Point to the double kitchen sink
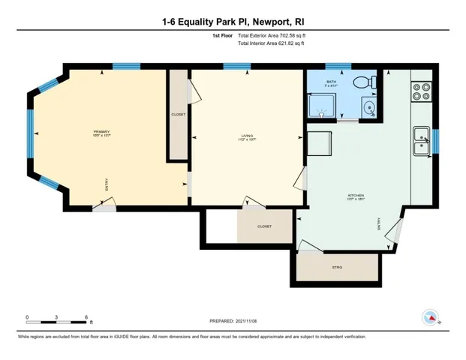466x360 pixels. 422,139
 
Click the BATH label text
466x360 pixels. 331,81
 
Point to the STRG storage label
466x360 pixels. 337,267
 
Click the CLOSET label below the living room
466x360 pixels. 264,226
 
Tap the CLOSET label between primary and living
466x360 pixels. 179,115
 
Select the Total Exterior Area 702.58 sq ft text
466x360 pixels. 271,35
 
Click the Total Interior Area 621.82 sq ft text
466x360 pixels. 271,43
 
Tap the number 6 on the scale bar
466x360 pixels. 86,317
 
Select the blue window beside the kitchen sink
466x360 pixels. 434,139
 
